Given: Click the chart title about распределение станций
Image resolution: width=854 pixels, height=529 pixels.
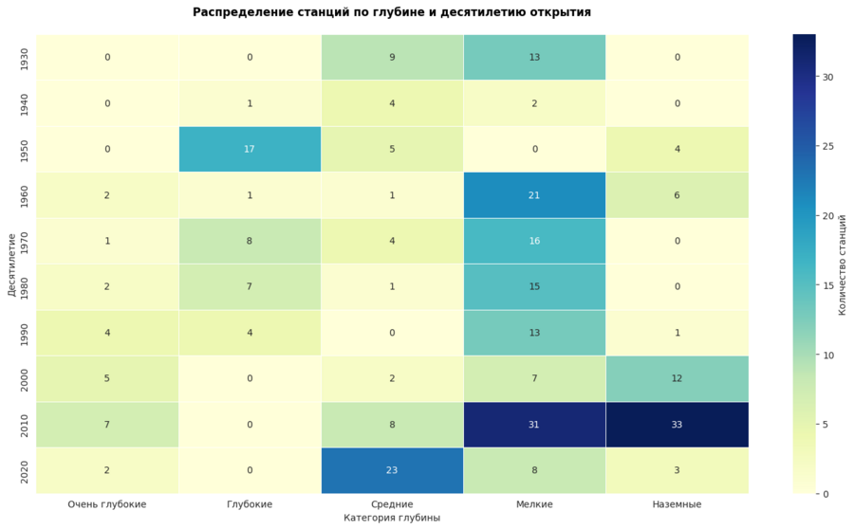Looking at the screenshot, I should point(391,12).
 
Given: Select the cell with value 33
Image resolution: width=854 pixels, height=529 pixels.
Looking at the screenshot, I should point(677,425).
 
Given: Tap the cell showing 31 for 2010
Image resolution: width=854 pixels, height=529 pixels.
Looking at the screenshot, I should point(534,425).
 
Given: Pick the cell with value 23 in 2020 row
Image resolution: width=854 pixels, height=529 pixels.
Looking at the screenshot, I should point(392,470).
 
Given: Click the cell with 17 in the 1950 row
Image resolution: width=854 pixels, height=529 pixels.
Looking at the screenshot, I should point(250,149).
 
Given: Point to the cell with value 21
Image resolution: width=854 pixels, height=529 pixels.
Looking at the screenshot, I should point(534,195).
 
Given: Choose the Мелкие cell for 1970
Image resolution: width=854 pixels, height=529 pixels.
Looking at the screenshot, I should point(534,241).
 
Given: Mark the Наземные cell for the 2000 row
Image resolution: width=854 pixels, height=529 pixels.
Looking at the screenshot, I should point(677,378).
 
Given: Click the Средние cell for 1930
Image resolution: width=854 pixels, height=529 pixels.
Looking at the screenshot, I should point(392,57).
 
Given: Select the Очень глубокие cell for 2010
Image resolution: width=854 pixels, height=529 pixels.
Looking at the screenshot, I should point(107,425).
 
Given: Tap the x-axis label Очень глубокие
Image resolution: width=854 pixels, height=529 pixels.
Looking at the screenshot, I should point(107,504).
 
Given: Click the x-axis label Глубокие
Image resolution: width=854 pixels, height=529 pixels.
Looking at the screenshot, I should point(250,504).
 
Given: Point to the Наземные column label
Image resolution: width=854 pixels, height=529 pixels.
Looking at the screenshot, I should point(677,504).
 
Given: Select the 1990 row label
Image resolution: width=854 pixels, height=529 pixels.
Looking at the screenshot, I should point(24,333).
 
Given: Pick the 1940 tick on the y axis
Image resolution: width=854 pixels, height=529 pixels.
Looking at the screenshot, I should point(24,103).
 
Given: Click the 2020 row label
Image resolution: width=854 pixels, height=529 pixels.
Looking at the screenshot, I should point(24,470).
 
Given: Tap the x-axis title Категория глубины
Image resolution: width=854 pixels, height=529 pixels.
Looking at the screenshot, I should point(392,519).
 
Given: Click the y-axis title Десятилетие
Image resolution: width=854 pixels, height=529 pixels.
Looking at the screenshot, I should point(10,264).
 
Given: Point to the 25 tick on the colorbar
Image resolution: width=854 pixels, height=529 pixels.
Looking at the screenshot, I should point(828,146).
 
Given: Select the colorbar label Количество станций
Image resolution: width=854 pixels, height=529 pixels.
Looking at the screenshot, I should point(842,264).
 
